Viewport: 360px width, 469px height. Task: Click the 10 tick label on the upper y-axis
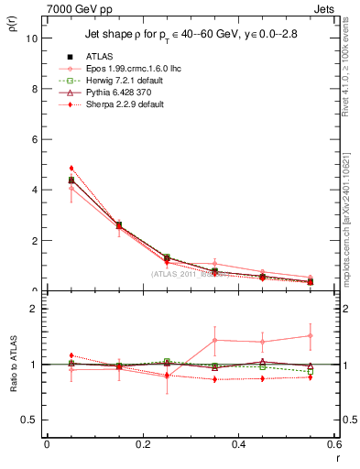coord(30,39)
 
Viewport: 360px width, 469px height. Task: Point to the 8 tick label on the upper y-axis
coord(33,90)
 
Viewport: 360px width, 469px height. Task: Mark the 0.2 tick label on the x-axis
coord(142,444)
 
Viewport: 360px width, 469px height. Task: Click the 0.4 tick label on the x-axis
coord(238,444)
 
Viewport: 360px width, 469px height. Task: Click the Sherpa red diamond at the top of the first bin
coord(71,169)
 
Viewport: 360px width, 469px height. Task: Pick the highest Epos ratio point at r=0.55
coord(311,336)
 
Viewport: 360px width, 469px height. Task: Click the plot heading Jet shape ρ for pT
coord(147,60)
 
